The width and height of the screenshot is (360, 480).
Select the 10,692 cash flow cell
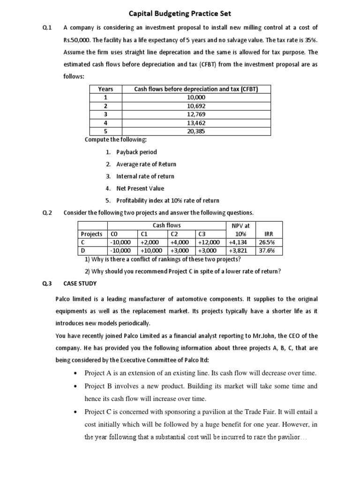point(195,106)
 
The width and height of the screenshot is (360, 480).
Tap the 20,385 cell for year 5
point(195,131)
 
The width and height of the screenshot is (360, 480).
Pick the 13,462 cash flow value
point(195,123)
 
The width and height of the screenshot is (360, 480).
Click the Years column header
point(105,89)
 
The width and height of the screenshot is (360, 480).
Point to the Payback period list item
point(136,152)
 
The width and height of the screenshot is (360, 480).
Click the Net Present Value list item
point(140,188)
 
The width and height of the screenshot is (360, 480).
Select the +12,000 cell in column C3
point(209,242)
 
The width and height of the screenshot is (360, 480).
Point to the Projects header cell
point(91,234)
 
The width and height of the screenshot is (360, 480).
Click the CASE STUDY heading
point(80,283)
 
